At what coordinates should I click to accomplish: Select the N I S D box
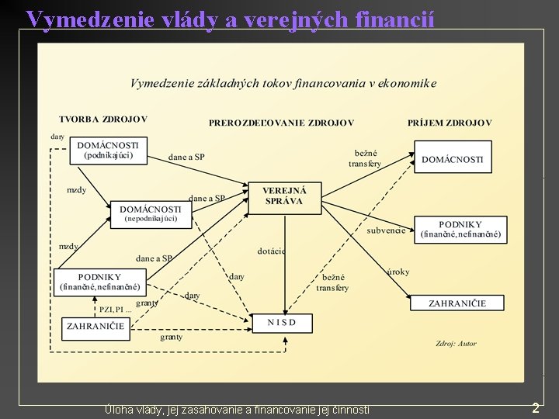pyautogui.click(x=282, y=323)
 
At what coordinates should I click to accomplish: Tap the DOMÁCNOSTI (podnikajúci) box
pyautogui.click(x=108, y=150)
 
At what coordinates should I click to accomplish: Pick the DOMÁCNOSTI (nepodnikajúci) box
pyautogui.click(x=150, y=213)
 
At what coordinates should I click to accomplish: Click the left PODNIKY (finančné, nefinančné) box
pyautogui.click(x=99, y=282)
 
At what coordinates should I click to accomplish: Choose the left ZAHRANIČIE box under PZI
pyautogui.click(x=95, y=327)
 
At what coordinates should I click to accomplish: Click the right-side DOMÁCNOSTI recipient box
pyautogui.click(x=452, y=159)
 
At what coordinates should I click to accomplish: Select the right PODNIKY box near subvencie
pyautogui.click(x=460, y=230)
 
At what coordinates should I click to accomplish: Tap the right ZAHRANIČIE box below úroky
pyautogui.click(x=457, y=303)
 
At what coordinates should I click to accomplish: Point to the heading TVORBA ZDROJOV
pyautogui.click(x=102, y=119)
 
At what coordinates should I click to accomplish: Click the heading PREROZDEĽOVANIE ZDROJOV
pyautogui.click(x=281, y=123)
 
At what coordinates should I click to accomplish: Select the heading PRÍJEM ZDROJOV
pyautogui.click(x=450, y=123)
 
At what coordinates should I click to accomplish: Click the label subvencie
pyautogui.click(x=386, y=230)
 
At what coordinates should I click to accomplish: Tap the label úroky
pyautogui.click(x=398, y=272)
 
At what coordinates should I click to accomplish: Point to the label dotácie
pyautogui.click(x=271, y=251)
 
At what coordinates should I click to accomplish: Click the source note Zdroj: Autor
pyautogui.click(x=456, y=343)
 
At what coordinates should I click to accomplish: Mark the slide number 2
pyautogui.click(x=535, y=407)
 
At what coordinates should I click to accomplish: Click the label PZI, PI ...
pyautogui.click(x=115, y=310)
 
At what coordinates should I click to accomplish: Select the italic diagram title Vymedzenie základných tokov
pyautogui.click(x=283, y=83)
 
